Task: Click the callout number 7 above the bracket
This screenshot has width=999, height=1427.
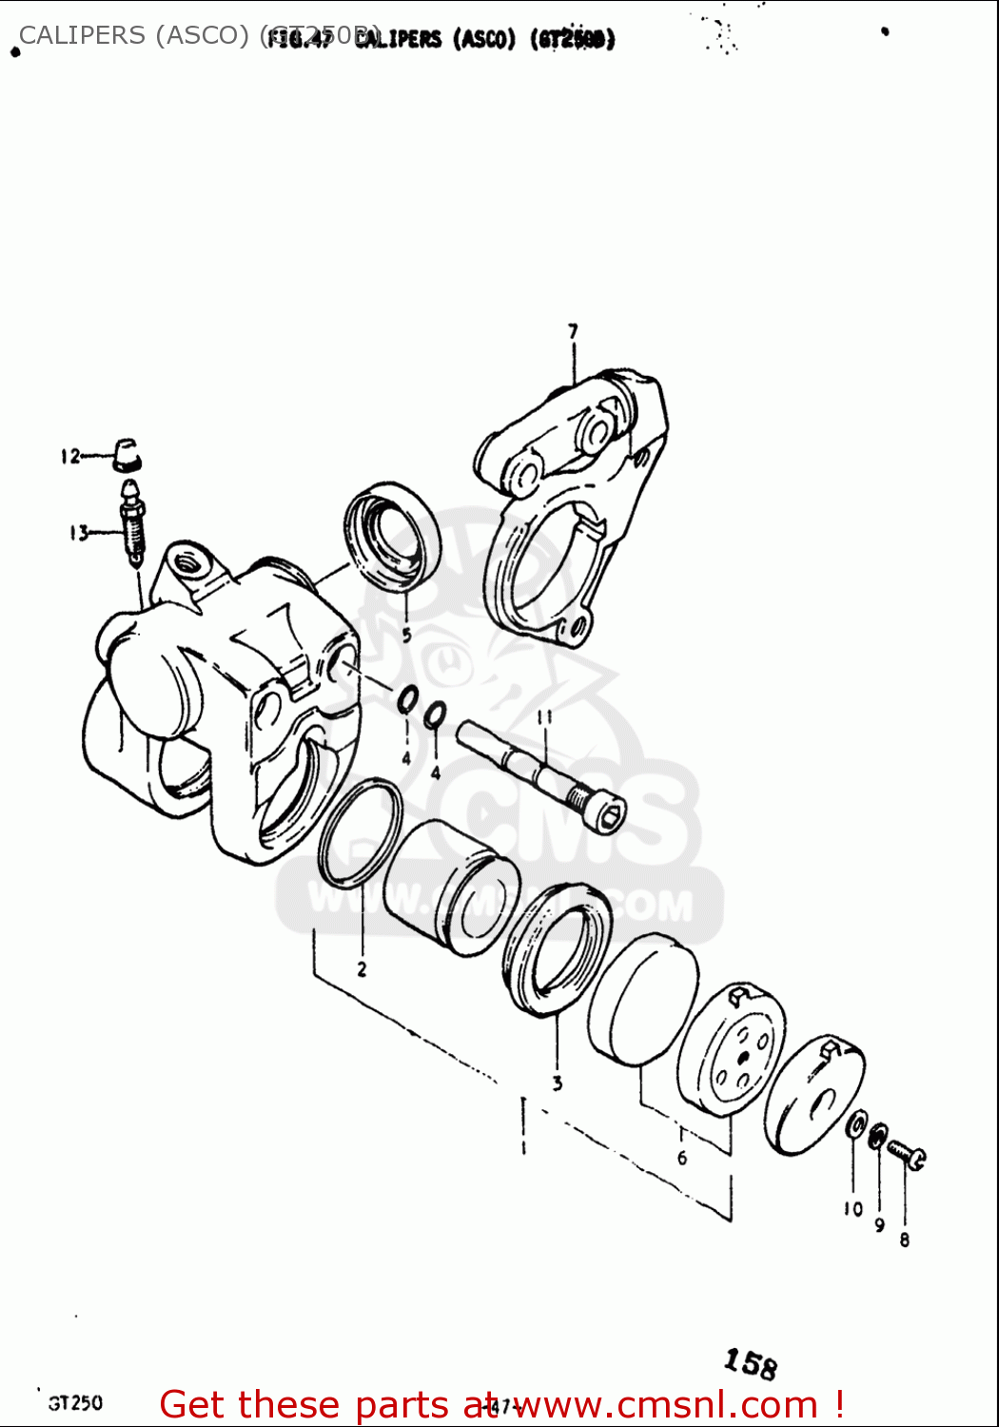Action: (573, 332)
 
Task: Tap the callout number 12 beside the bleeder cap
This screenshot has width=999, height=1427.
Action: (70, 457)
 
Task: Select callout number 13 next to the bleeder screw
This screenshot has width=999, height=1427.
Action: (78, 533)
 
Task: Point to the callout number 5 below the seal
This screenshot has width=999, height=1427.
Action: (406, 635)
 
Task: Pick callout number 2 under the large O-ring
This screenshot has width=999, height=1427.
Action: (362, 969)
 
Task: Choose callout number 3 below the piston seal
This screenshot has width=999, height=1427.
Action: (558, 1083)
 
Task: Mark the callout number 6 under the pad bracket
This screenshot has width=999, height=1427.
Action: (681, 1158)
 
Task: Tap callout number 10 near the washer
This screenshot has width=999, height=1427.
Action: (852, 1209)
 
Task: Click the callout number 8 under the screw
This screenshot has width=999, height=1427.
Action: (904, 1240)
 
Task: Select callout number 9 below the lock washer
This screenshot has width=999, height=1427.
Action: (879, 1225)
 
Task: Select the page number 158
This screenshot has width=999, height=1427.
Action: (750, 1364)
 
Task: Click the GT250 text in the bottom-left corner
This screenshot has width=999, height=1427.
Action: (75, 1403)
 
